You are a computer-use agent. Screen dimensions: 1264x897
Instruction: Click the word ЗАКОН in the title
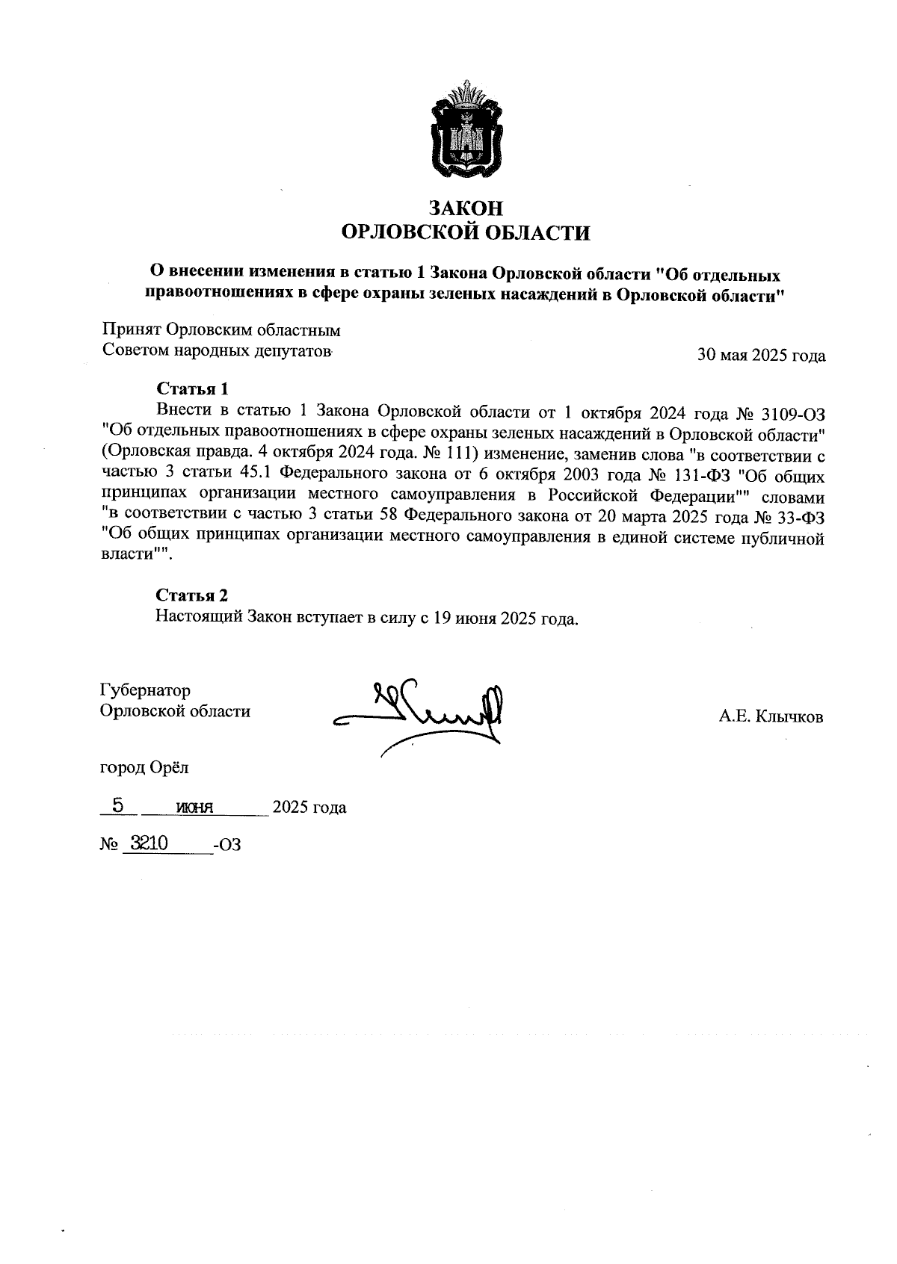(x=464, y=208)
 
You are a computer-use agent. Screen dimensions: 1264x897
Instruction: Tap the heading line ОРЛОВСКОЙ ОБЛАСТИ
(x=465, y=234)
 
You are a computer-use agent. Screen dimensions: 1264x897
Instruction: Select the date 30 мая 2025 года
(x=761, y=356)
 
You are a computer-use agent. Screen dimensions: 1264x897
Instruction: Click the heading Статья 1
(x=191, y=388)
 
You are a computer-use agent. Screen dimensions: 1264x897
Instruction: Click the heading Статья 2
(x=191, y=595)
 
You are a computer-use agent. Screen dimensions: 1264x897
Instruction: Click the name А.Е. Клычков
(x=771, y=717)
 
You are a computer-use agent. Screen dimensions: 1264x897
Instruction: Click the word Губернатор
(x=146, y=690)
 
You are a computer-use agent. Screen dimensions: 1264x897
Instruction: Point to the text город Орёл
(x=144, y=767)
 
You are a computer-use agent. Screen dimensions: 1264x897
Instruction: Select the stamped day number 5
(x=117, y=805)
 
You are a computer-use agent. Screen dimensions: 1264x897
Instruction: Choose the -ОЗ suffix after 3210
(x=227, y=846)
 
